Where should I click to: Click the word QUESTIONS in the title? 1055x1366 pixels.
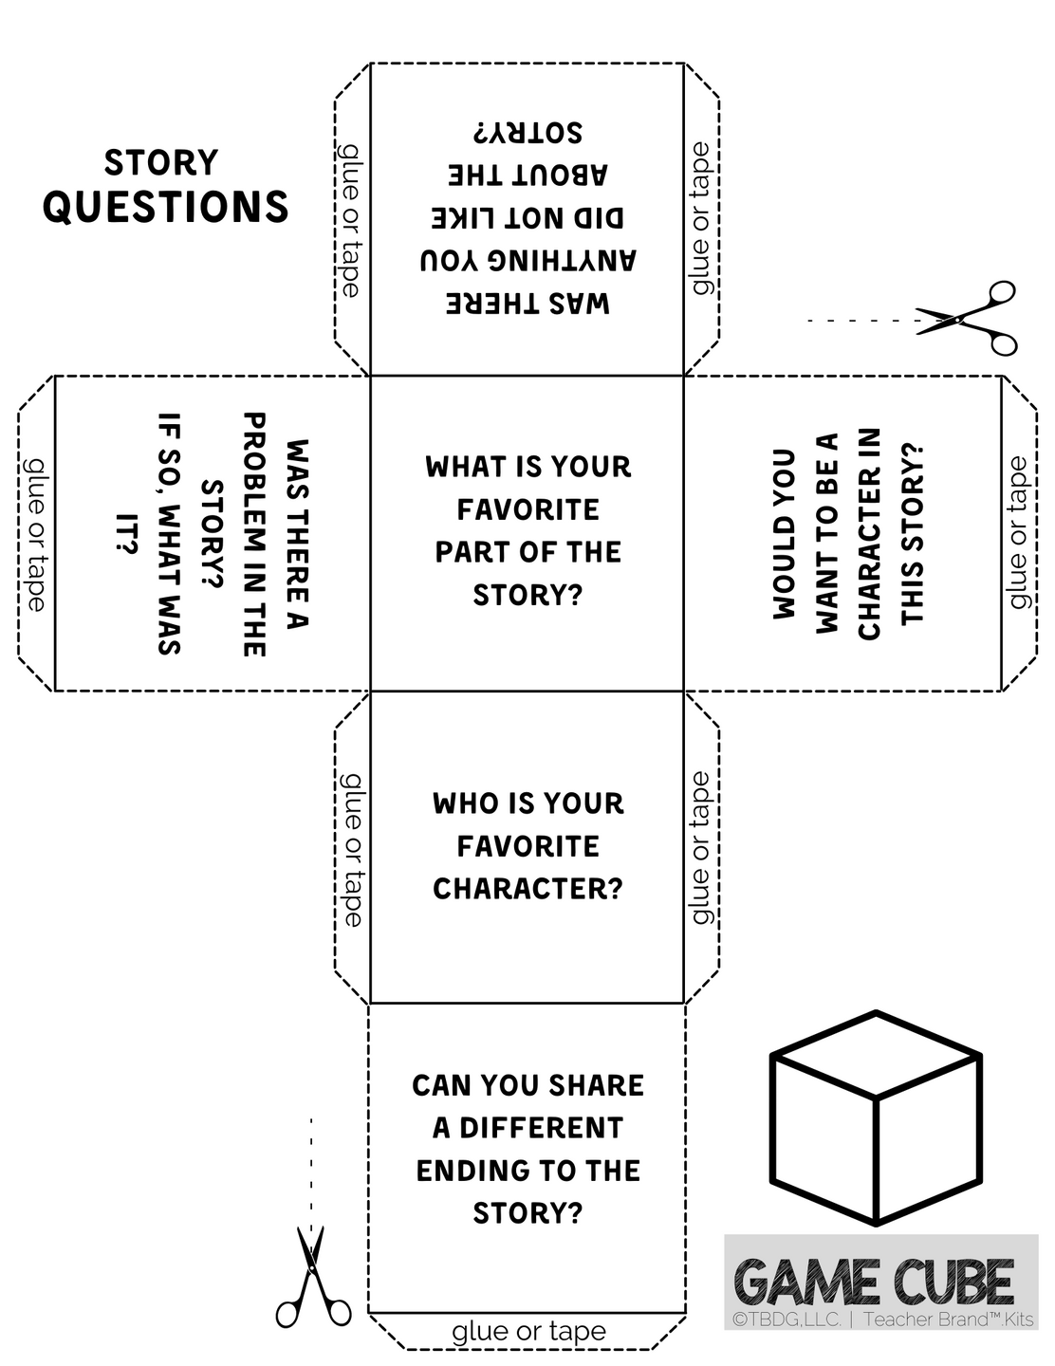click(165, 206)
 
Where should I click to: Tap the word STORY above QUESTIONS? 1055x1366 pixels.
click(161, 162)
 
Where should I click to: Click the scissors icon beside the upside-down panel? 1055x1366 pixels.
click(966, 318)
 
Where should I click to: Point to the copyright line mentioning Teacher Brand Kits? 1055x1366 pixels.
click(882, 1319)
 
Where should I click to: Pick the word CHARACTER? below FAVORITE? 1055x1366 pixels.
click(527, 889)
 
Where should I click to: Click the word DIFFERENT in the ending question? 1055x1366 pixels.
click(541, 1128)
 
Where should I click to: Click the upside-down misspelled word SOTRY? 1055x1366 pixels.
click(528, 133)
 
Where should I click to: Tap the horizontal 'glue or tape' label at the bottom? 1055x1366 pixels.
click(528, 1332)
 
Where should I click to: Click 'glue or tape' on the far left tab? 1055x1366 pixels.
click(36, 535)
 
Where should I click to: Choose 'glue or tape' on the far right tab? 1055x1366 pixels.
click(1019, 532)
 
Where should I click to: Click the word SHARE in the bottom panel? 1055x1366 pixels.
click(596, 1085)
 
